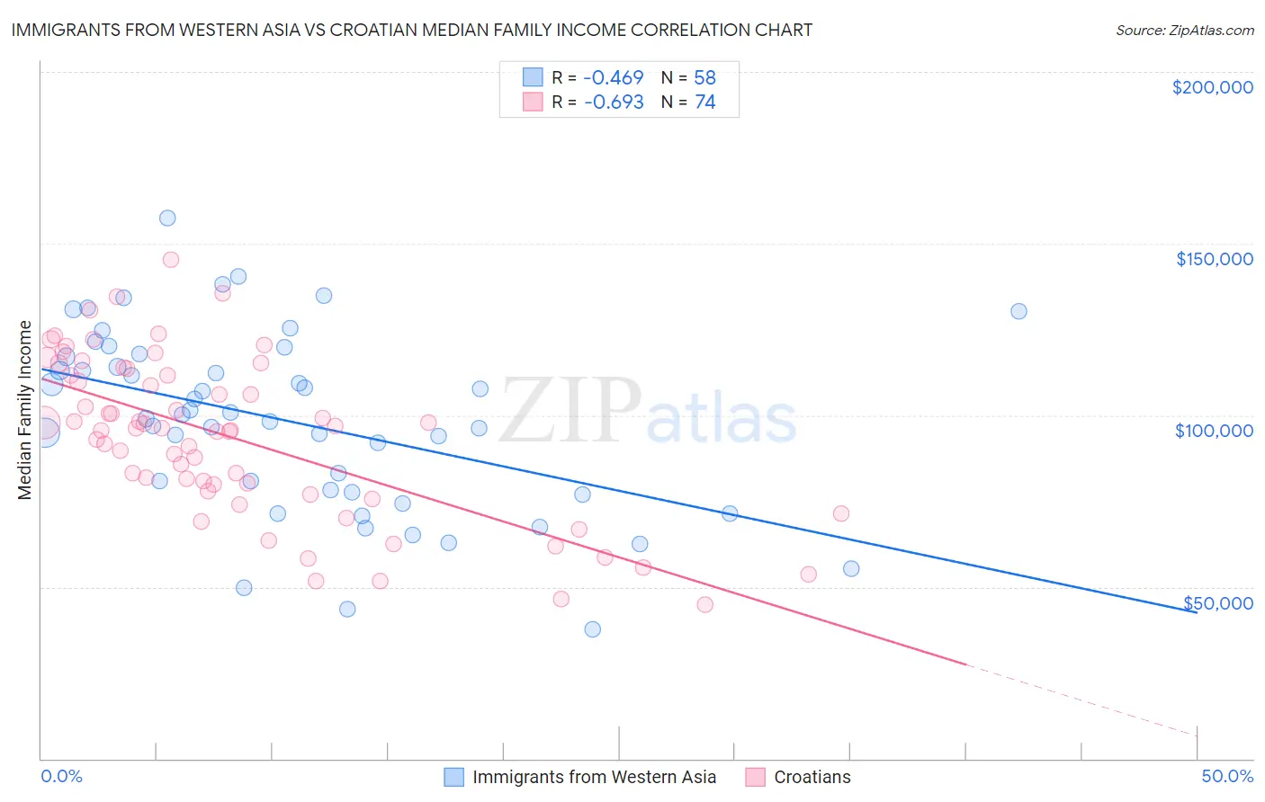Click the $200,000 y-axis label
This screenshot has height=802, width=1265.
click(x=1212, y=87)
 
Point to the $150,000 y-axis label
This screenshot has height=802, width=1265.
click(x=1214, y=259)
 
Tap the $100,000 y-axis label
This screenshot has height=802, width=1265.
click(x=1214, y=431)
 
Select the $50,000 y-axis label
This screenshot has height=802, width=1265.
click(x=1217, y=603)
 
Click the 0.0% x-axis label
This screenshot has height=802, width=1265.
click(x=61, y=777)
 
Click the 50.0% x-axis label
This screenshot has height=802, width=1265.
click(x=1227, y=777)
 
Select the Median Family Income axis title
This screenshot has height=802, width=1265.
click(x=25, y=410)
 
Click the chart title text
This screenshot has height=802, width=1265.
click(x=411, y=31)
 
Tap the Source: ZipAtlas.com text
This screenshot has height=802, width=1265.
click(x=1184, y=31)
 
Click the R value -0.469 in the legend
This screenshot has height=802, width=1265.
click(x=614, y=77)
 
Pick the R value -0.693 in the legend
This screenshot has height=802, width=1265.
click(x=614, y=102)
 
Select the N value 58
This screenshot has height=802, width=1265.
click(x=704, y=77)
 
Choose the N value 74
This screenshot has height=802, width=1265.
click(x=704, y=102)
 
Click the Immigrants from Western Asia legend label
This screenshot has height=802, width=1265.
click(x=594, y=778)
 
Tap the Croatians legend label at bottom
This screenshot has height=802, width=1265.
click(x=812, y=778)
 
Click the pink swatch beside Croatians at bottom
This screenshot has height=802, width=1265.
click(x=755, y=778)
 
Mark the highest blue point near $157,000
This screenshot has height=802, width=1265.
click(x=167, y=218)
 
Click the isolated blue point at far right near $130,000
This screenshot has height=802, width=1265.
click(x=1018, y=311)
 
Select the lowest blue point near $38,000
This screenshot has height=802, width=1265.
click(x=592, y=629)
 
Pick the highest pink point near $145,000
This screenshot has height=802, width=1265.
click(x=171, y=259)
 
